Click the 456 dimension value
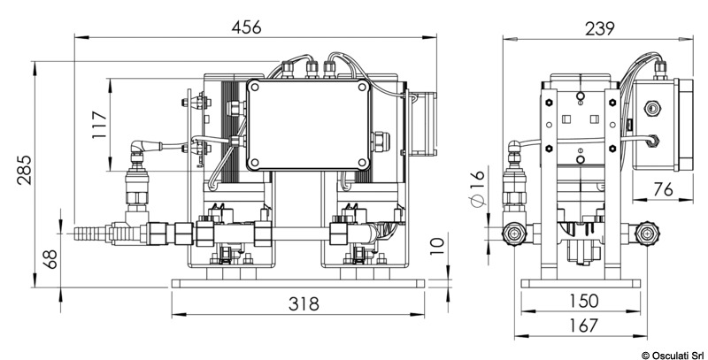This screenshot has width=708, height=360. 246,27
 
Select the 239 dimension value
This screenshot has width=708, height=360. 598,27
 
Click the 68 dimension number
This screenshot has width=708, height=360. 50,259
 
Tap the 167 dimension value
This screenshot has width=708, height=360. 580,326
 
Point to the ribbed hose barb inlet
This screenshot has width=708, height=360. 88,234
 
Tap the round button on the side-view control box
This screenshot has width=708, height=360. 651,107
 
